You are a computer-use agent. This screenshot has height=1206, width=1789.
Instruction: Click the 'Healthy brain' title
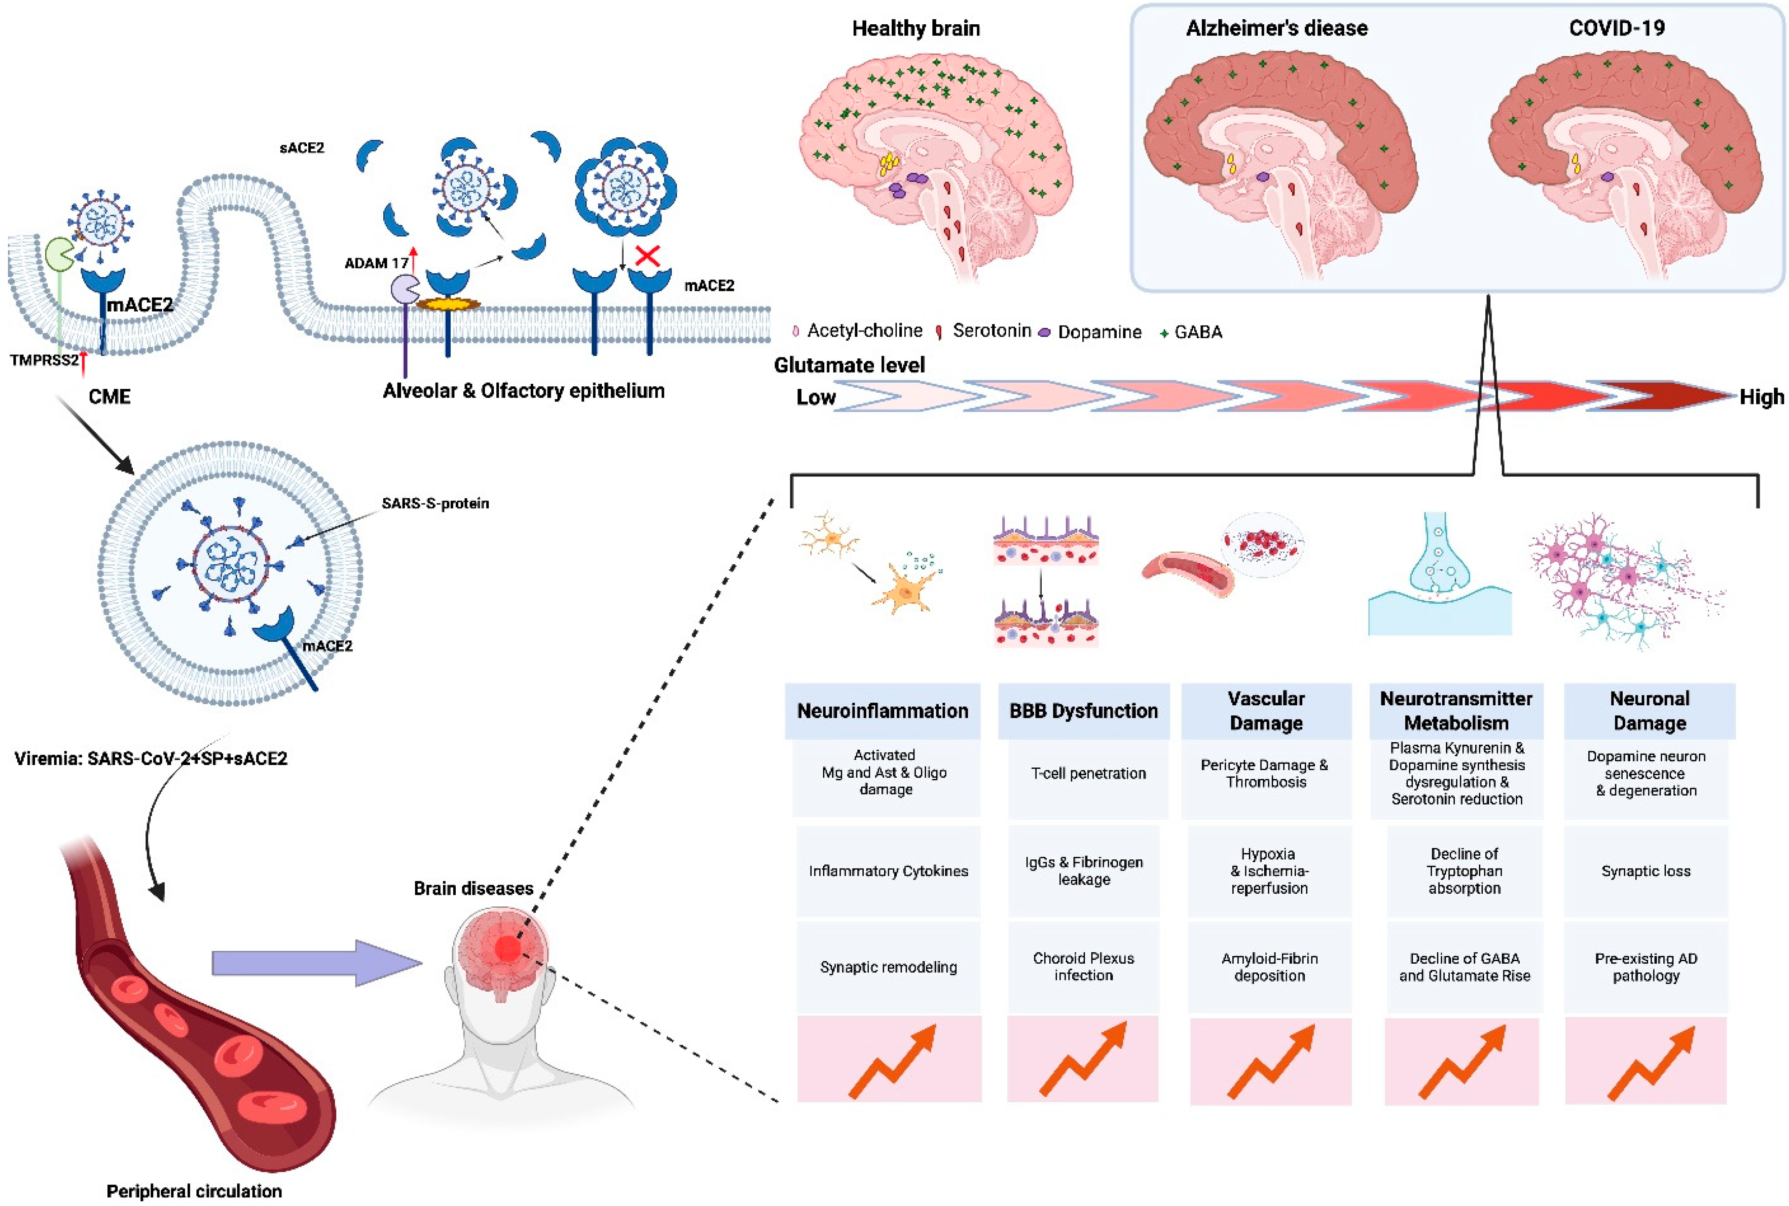(916, 28)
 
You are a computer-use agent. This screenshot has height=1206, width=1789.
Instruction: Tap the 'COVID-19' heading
(1617, 28)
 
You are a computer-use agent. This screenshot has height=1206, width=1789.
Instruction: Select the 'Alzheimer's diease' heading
(1277, 28)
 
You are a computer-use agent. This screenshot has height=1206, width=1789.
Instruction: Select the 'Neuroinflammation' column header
(883, 711)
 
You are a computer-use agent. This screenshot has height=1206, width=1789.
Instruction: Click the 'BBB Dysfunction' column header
(1083, 711)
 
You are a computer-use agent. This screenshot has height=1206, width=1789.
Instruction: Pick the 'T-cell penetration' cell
(1088, 773)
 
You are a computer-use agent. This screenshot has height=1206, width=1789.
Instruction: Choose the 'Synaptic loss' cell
(1646, 871)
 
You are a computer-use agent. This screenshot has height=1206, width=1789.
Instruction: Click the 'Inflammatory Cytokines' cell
(888, 871)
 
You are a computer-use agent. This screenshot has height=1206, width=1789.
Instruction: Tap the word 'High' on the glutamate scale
(1761, 397)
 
